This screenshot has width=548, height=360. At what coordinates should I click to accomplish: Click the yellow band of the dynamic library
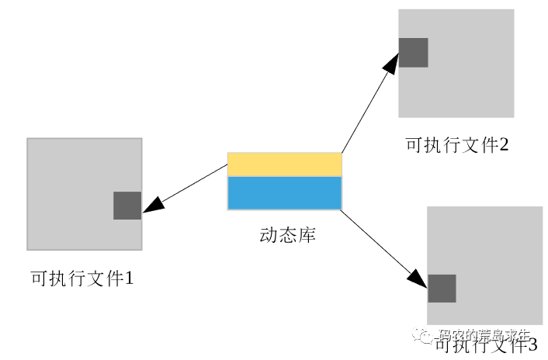click(284, 164)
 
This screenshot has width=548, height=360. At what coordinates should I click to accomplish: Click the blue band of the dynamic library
click(284, 193)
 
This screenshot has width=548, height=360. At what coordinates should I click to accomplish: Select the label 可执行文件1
click(82, 277)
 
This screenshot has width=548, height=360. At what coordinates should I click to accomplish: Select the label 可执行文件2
click(456, 144)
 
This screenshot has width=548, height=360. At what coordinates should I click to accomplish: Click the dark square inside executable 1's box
click(127, 206)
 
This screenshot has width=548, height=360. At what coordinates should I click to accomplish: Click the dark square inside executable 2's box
click(413, 52)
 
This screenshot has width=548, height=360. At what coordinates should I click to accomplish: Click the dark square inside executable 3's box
click(442, 289)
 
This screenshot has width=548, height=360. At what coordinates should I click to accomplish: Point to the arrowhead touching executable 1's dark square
click(152, 204)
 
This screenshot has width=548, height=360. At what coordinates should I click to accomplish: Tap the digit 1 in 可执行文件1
click(130, 277)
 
